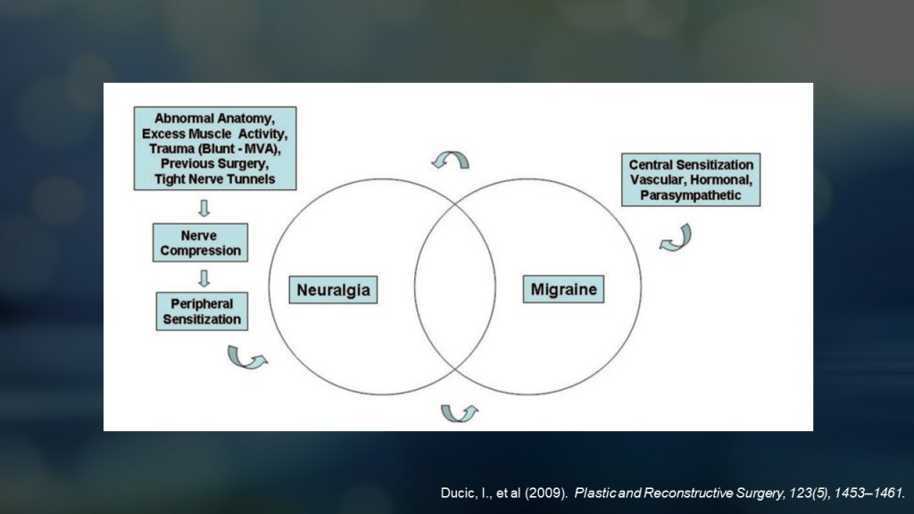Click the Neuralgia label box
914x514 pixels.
click(x=332, y=290)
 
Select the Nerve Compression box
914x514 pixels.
click(x=200, y=243)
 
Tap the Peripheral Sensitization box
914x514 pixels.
click(x=202, y=311)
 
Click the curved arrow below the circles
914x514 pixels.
click(x=459, y=412)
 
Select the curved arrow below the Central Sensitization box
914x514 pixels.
click(x=676, y=237)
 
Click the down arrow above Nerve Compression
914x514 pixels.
click(x=204, y=208)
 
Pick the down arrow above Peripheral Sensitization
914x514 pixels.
click(x=204, y=277)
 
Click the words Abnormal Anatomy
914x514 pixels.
click(x=214, y=119)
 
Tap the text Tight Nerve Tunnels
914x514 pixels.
click(x=214, y=179)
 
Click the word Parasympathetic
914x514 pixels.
click(x=691, y=195)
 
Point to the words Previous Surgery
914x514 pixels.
click(x=214, y=164)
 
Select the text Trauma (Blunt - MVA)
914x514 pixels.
click(x=216, y=149)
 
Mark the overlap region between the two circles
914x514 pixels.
click(x=455, y=286)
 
